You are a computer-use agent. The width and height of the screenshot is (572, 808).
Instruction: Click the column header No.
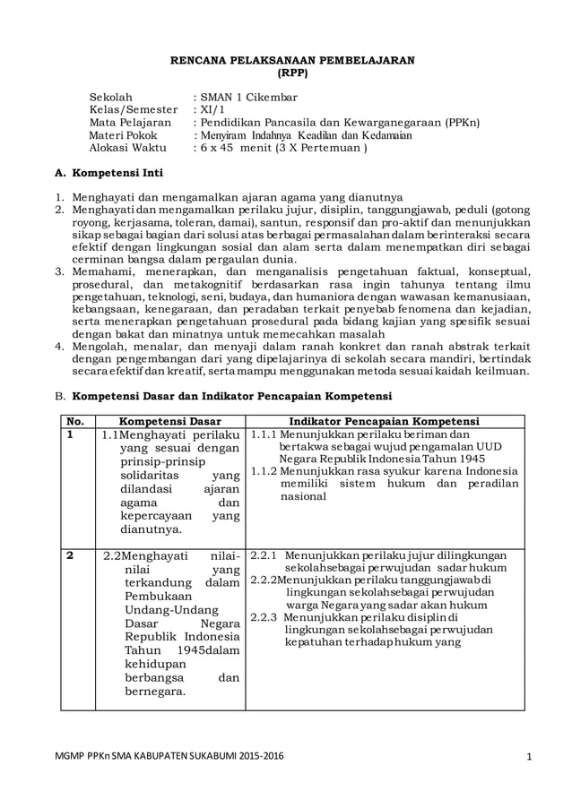[74, 421]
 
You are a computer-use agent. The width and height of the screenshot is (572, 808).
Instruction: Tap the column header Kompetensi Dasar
[169, 421]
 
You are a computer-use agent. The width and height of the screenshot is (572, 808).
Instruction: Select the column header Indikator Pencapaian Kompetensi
[384, 421]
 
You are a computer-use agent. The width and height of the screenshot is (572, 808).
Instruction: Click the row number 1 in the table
[69, 435]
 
